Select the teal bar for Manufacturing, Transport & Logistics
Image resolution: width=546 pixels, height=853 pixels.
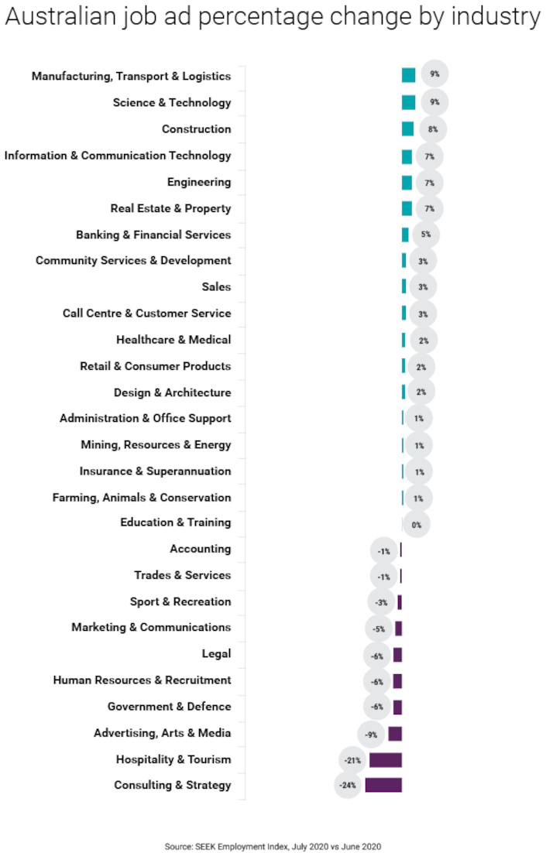408,75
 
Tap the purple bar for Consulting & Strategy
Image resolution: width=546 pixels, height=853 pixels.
383,785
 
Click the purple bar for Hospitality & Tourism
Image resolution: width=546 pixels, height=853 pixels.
385,759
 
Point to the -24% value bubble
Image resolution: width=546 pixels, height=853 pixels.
348,786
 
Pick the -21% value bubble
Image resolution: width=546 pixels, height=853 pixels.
352,760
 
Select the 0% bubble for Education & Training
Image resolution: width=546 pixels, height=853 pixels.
417,524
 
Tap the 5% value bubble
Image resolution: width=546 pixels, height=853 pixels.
426,235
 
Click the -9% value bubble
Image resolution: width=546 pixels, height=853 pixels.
370,733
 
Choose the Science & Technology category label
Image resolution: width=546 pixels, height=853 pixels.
172,102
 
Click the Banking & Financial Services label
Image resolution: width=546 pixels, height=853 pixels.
153,235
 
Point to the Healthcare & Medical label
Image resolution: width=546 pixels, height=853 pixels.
173,339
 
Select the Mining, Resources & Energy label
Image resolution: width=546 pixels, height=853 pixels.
156,445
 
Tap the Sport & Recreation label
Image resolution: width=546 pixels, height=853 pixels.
180,601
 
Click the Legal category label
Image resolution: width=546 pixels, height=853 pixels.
216,654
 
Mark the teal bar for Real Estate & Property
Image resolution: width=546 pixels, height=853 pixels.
407,208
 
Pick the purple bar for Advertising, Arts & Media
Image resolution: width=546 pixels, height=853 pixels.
395,733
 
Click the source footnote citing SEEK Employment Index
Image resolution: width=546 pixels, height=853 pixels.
273,847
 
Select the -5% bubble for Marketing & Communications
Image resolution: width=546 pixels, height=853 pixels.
379,629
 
